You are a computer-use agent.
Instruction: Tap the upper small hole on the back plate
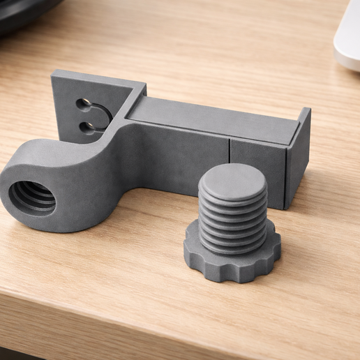[x=84, y=105]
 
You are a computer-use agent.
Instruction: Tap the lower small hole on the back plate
[x=87, y=126]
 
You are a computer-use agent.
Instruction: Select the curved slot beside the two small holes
[x=103, y=116]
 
